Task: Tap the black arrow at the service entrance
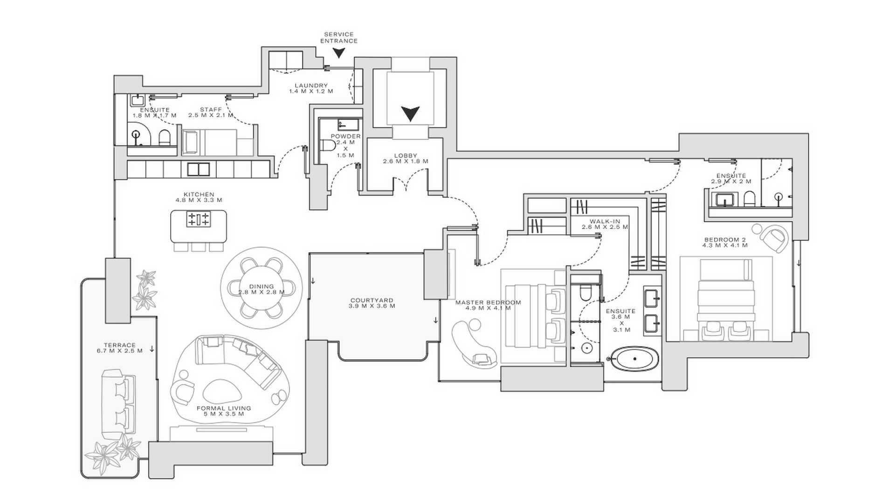click(x=340, y=53)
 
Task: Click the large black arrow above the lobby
click(x=411, y=113)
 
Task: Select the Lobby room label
click(x=406, y=158)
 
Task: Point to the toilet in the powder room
click(x=329, y=146)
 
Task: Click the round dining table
click(x=261, y=289)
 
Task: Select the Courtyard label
click(x=372, y=303)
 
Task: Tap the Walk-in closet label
click(x=605, y=224)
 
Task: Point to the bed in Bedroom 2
click(x=725, y=299)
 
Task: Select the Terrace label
click(x=119, y=348)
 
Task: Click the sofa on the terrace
click(x=118, y=404)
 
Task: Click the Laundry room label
click(x=311, y=88)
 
